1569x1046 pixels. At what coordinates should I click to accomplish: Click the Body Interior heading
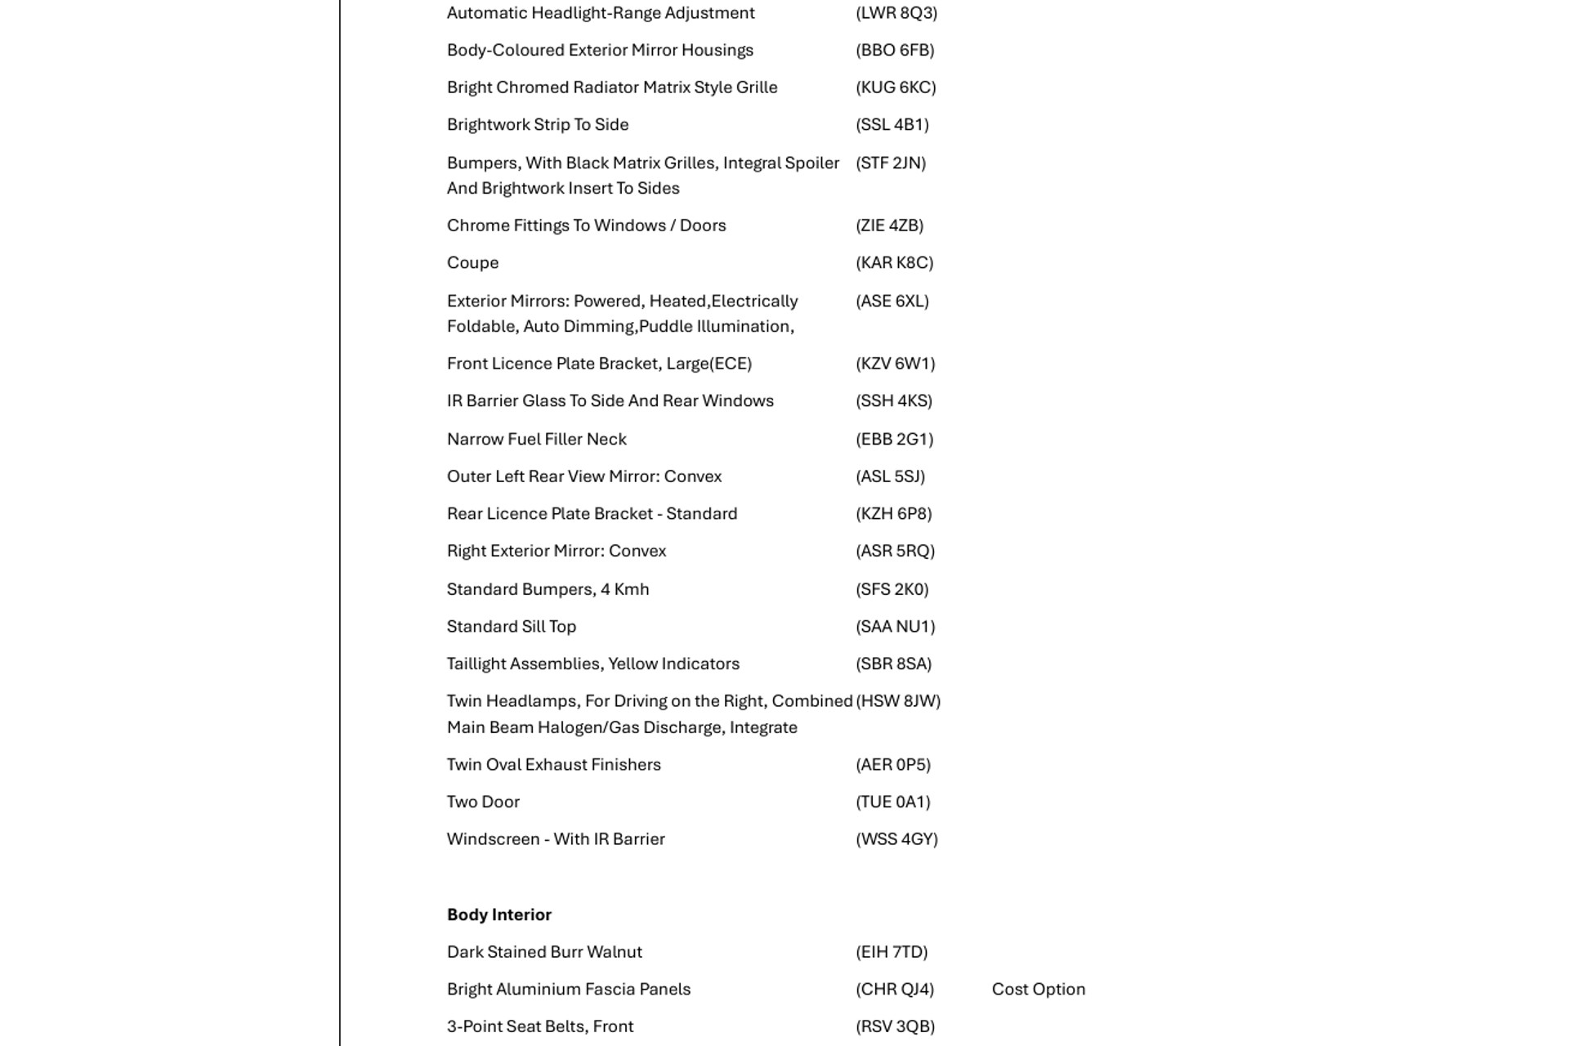pyautogui.click(x=498, y=914)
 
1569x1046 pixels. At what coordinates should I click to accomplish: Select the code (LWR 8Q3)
pyautogui.click(x=896, y=13)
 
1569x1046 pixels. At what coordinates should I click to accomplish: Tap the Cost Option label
pyautogui.click(x=1038, y=989)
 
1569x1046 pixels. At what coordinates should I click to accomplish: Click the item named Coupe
pyautogui.click(x=472, y=262)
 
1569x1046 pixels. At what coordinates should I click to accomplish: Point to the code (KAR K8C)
pyautogui.click(x=894, y=262)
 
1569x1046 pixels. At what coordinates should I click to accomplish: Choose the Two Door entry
pyautogui.click(x=483, y=802)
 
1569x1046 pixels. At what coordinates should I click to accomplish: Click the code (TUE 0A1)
pyautogui.click(x=892, y=802)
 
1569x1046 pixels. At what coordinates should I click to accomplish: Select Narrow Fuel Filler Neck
pyautogui.click(x=536, y=439)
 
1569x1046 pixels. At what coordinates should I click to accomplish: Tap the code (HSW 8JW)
pyautogui.click(x=898, y=701)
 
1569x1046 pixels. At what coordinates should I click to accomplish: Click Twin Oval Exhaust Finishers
pyautogui.click(x=553, y=764)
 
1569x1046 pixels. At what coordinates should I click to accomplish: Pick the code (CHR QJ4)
pyautogui.click(x=894, y=989)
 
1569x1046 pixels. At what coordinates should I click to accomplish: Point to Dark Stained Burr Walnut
pyautogui.click(x=544, y=952)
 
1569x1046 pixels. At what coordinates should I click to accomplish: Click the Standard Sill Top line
pyautogui.click(x=511, y=626)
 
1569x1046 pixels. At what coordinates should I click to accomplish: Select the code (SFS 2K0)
pyautogui.click(x=892, y=589)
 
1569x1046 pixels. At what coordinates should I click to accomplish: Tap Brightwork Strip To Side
pyautogui.click(x=537, y=124)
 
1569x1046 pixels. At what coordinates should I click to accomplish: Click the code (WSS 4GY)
pyautogui.click(x=896, y=839)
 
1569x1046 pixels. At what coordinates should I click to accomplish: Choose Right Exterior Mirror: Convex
pyautogui.click(x=556, y=551)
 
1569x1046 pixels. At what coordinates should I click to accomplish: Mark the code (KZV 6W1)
pyautogui.click(x=895, y=364)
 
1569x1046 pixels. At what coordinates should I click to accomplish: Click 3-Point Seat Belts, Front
pyautogui.click(x=539, y=1026)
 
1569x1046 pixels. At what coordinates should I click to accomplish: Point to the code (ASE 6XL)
pyautogui.click(x=892, y=301)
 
